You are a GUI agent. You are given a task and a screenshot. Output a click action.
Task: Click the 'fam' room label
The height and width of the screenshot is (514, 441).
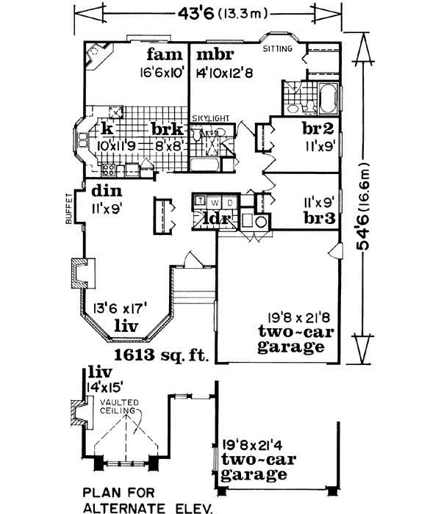[162, 55]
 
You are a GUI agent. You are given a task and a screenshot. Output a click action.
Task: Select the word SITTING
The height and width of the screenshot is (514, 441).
[279, 49]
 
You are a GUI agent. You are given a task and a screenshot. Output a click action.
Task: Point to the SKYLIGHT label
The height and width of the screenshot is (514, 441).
[211, 117]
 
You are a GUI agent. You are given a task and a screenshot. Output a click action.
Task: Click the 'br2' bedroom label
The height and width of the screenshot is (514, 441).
[317, 128]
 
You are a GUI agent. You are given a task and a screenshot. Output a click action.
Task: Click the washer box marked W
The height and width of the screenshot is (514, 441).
[215, 202]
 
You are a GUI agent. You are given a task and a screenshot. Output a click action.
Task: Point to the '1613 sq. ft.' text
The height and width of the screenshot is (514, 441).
[162, 357]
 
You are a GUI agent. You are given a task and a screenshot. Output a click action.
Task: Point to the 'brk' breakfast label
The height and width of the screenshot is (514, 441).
[166, 129]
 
